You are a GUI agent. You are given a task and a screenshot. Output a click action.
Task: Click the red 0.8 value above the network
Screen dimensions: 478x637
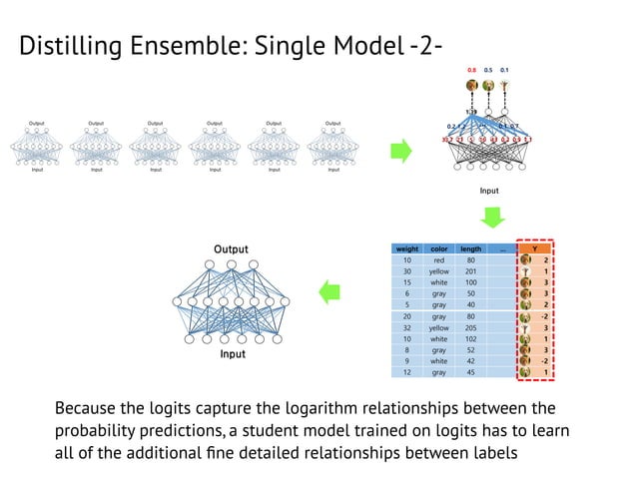471,70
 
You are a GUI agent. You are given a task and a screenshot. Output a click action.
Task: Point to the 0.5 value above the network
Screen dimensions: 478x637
488,70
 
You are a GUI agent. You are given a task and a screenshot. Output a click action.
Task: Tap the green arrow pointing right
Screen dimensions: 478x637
400,152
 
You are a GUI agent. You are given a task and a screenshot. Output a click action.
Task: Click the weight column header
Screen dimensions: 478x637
407,248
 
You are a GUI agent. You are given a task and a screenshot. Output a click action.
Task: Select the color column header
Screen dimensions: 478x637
437,248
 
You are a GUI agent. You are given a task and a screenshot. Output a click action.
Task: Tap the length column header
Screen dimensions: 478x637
471,248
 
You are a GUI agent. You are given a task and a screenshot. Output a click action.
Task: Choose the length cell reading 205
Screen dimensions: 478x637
471,327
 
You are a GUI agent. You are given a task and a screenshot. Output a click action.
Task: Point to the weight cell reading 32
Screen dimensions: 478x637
407,327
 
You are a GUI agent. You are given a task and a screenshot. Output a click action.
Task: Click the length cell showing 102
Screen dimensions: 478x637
471,338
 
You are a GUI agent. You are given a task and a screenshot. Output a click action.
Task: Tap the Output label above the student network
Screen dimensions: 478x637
231,248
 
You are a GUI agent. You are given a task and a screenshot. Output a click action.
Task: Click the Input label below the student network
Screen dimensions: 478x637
232,353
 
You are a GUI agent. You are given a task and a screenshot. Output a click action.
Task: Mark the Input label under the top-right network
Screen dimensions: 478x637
489,190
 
